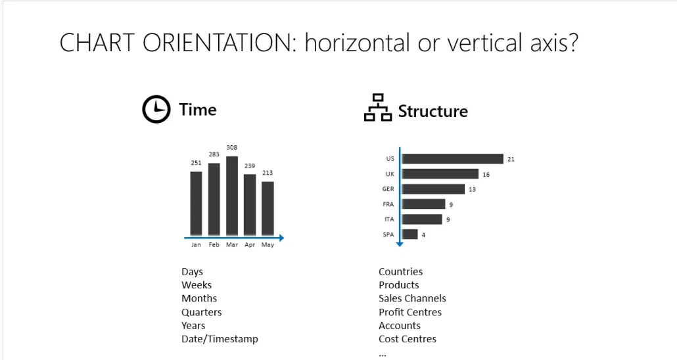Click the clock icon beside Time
pyautogui.click(x=156, y=109)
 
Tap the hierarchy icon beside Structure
pyautogui.click(x=378, y=108)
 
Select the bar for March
pyautogui.click(x=232, y=196)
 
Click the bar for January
pyautogui.click(x=196, y=204)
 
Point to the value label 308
pyautogui.click(x=232, y=148)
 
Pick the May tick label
pyautogui.click(x=268, y=245)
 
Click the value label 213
pyautogui.click(x=268, y=173)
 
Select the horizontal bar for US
pyautogui.click(x=453, y=159)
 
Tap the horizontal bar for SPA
pyautogui.click(x=409, y=235)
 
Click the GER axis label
pyautogui.click(x=388, y=189)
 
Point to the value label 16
pyautogui.click(x=486, y=174)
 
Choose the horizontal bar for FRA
pyautogui.click(x=423, y=204)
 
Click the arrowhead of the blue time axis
pyautogui.click(x=281, y=238)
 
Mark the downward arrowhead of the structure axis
pyautogui.click(x=400, y=244)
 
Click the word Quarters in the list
pyautogui.click(x=202, y=312)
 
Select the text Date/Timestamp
pyautogui.click(x=220, y=339)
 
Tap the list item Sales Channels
pyautogui.click(x=412, y=298)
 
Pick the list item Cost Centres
pyautogui.click(x=408, y=339)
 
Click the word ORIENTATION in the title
pyautogui.click(x=220, y=43)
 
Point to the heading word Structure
pyautogui.click(x=433, y=112)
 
